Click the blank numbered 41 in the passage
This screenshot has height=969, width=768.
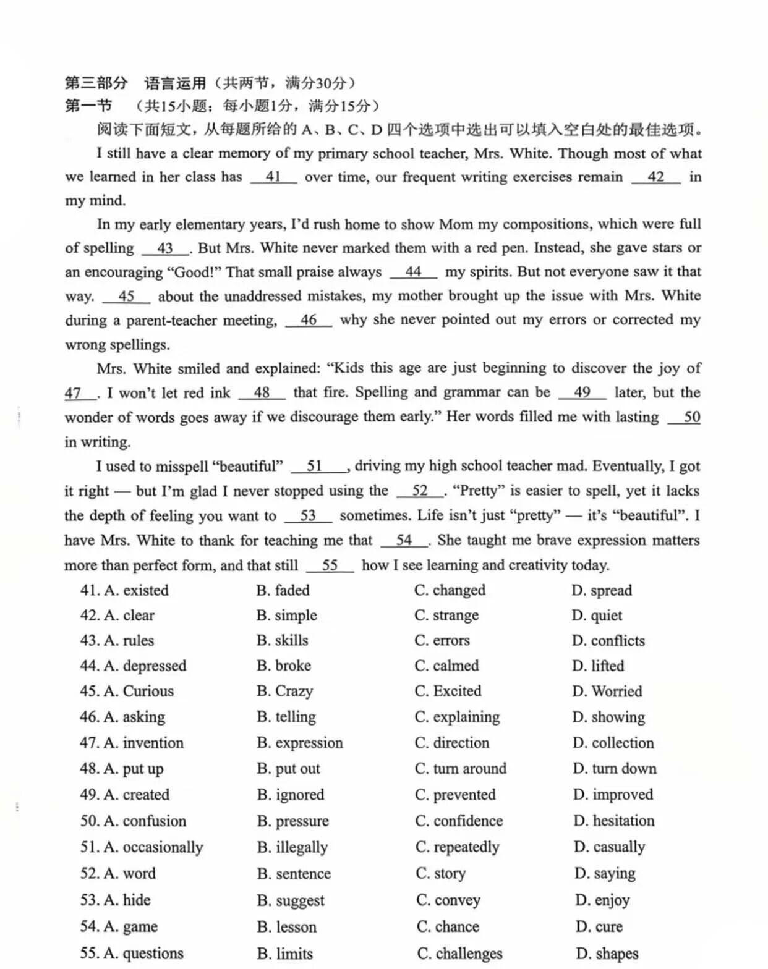(x=273, y=177)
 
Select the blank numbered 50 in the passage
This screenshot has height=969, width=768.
(x=685, y=417)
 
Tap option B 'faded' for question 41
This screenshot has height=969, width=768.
(x=283, y=590)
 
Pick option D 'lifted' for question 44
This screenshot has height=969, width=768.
(x=598, y=666)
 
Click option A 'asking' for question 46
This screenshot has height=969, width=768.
(x=135, y=717)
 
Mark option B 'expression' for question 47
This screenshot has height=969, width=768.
(x=300, y=743)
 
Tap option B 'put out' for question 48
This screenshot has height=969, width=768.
(x=289, y=769)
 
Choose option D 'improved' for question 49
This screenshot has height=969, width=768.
(x=613, y=795)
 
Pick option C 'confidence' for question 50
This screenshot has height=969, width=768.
(x=459, y=821)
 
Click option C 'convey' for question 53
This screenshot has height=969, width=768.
(x=448, y=900)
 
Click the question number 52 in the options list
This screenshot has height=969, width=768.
(x=89, y=874)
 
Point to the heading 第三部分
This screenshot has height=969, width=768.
(x=96, y=83)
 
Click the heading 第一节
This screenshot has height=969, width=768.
(x=88, y=106)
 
